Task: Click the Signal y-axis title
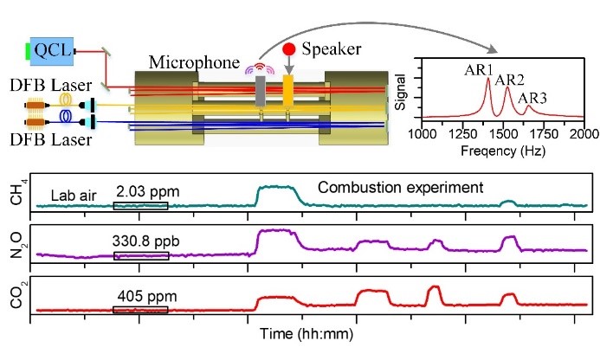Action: pyautogui.click(x=400, y=89)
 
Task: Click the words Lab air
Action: pyautogui.click(x=74, y=195)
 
